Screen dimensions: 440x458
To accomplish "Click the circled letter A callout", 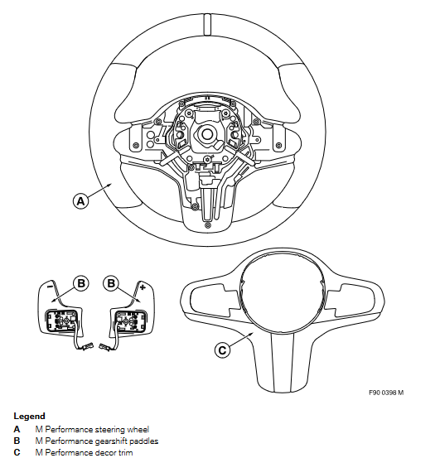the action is pyautogui.click(x=80, y=201).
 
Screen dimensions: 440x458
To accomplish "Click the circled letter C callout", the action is pyautogui.click(x=222, y=350).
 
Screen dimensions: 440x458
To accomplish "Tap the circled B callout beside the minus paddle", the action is pyautogui.click(x=81, y=283).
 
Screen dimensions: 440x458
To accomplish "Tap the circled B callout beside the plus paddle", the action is pyautogui.click(x=111, y=283).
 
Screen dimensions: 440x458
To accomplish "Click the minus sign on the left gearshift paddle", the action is pyautogui.click(x=50, y=287).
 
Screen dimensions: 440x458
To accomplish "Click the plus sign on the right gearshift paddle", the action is pyautogui.click(x=143, y=287).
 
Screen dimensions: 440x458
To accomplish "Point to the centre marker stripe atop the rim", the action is pyautogui.click(x=207, y=25).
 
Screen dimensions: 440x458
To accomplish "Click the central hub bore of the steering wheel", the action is pyautogui.click(x=207, y=134).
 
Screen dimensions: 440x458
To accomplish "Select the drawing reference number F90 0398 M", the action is pyautogui.click(x=386, y=393).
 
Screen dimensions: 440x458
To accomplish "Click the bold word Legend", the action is pyautogui.click(x=30, y=416).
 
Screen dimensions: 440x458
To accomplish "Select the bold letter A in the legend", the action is pyautogui.click(x=17, y=429).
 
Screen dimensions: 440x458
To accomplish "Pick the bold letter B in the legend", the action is pyautogui.click(x=17, y=441).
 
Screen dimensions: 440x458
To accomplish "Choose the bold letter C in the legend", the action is pyautogui.click(x=17, y=452).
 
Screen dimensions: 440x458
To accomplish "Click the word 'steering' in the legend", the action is pyautogui.click(x=109, y=430).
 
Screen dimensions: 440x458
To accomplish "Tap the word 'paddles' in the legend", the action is pyautogui.click(x=143, y=441).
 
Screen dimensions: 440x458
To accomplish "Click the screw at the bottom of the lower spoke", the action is pyautogui.click(x=208, y=225).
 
